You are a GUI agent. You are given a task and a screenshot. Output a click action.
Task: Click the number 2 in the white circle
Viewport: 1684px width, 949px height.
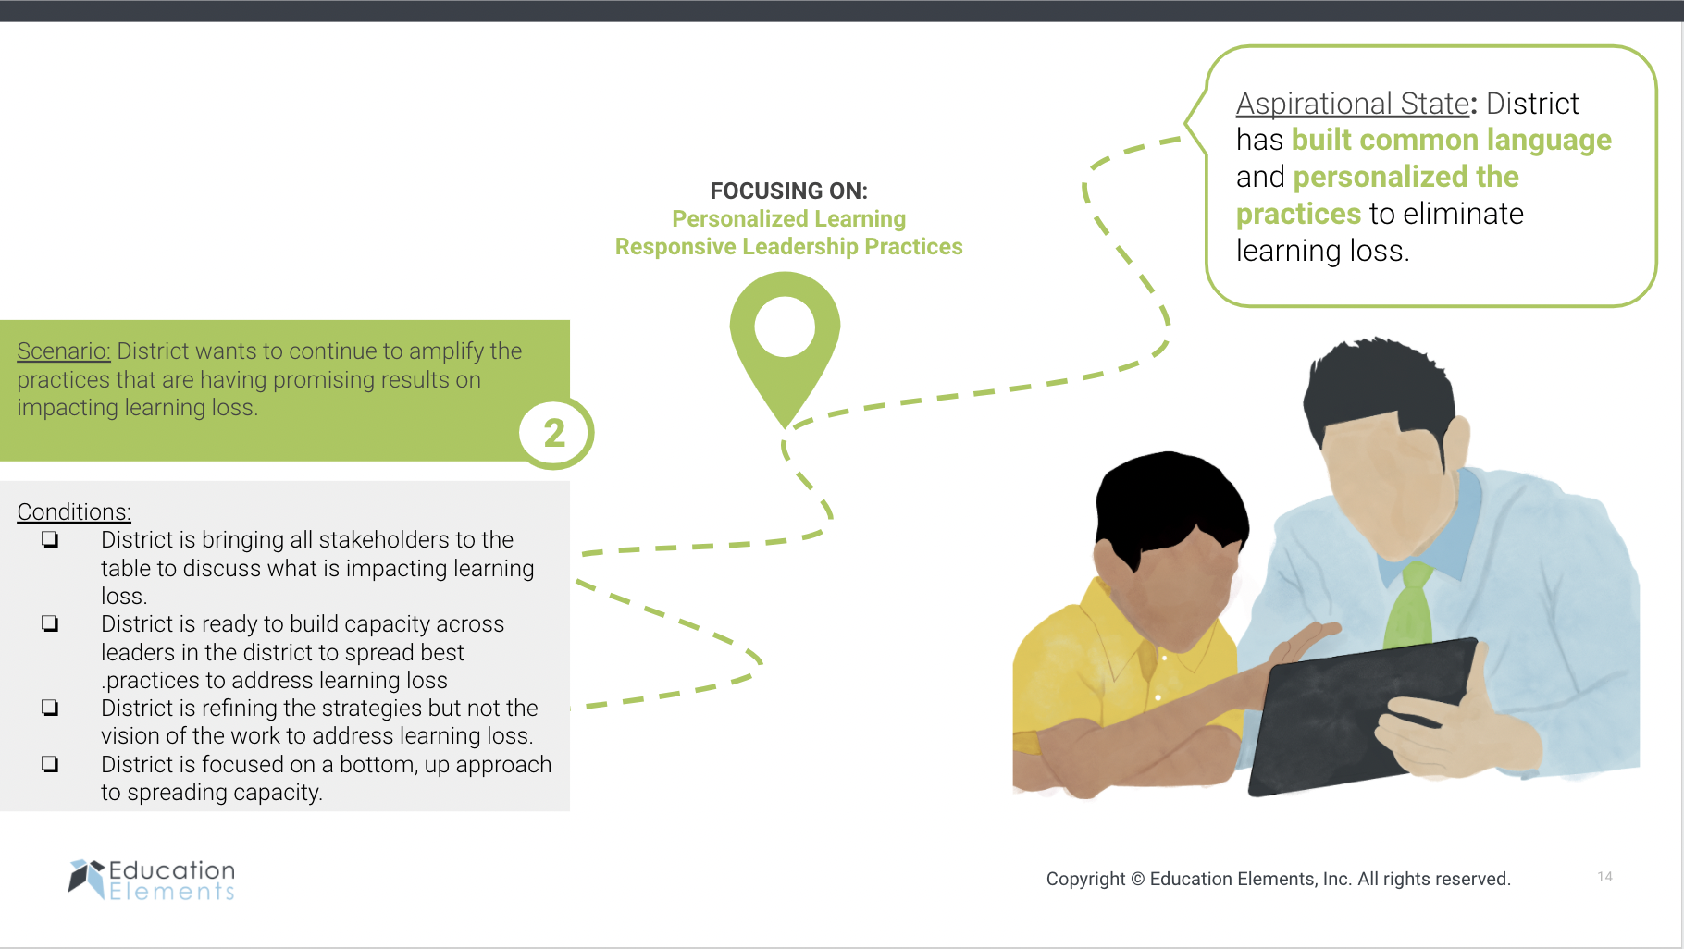pos(554,433)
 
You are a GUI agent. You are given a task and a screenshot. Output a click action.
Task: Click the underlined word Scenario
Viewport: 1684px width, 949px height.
pos(64,351)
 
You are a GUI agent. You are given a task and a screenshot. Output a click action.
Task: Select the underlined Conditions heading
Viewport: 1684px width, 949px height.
pos(74,511)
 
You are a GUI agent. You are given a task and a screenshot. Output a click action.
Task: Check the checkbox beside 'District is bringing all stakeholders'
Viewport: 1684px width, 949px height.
pos(50,539)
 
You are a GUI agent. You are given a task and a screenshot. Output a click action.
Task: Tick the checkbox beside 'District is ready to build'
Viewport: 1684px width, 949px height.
pos(50,623)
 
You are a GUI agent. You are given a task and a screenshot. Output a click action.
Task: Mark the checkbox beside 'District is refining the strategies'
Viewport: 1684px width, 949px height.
pos(50,708)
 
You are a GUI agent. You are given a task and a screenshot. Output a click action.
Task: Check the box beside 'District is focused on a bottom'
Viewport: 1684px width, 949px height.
pos(50,764)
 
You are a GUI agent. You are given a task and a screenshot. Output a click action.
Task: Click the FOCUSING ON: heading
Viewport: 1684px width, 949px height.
pos(789,191)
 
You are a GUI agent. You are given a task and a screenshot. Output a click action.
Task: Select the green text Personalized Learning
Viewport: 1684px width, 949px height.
pos(789,219)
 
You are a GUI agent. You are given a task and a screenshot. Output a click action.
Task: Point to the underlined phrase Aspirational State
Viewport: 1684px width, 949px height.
pos(1353,104)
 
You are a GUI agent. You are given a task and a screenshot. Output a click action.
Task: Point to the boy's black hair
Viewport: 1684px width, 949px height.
pos(1170,504)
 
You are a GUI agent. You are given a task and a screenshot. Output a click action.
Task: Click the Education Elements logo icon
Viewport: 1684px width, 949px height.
pos(86,878)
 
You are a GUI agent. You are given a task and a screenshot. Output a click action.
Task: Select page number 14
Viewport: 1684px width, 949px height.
pos(1604,877)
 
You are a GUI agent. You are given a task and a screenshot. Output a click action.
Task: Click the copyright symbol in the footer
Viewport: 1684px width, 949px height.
pos(1138,879)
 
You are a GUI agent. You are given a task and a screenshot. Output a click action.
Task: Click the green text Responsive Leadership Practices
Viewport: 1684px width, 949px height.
pos(789,247)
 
